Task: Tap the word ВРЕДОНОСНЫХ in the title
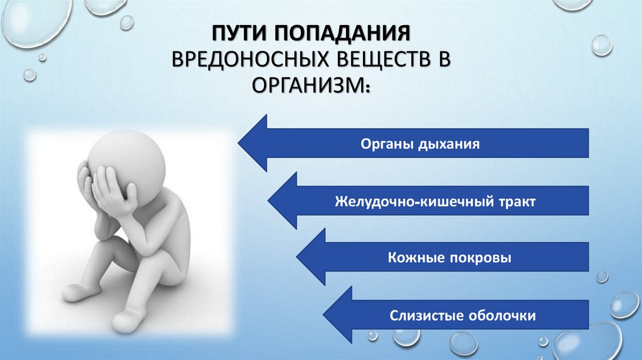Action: [245, 60]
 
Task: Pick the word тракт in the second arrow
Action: [514, 202]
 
